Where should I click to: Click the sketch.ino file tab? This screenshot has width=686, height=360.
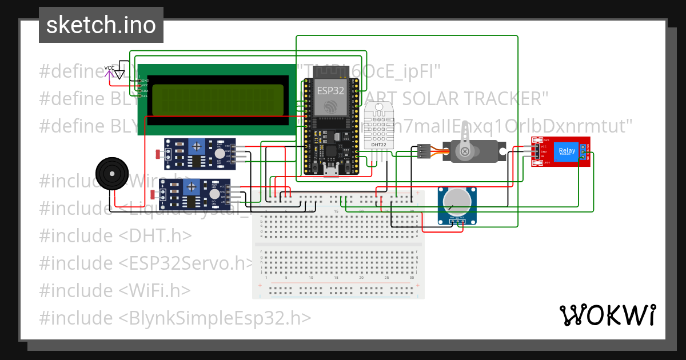tap(101, 25)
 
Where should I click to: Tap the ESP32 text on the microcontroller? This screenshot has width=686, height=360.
tap(330, 90)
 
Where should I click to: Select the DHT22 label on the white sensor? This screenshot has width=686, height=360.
tap(378, 145)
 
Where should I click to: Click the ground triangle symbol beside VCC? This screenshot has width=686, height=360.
tap(119, 74)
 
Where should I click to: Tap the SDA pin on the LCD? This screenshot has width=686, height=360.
tap(144, 91)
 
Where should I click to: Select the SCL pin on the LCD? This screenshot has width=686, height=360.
tap(144, 96)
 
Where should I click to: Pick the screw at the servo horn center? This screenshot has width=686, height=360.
tap(465, 151)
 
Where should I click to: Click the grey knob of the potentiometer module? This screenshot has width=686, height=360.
tap(457, 203)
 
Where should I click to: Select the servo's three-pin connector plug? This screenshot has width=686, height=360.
tap(424, 151)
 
